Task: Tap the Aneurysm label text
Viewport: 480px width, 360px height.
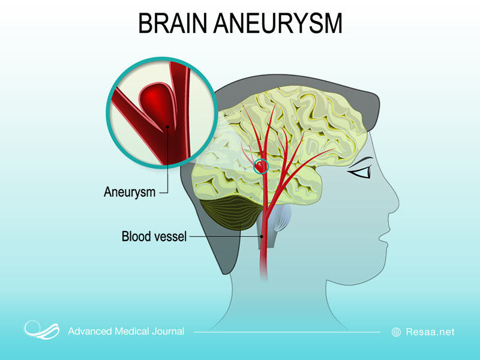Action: pos(130,193)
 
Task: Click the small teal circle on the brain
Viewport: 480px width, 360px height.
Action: pos(261,166)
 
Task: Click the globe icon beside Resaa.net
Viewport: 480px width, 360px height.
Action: pos(396,331)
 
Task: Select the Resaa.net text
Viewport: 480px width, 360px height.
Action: pos(430,331)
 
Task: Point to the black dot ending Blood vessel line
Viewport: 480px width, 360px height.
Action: pos(262,237)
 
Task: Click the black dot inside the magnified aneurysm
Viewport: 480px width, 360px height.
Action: pos(167,127)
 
